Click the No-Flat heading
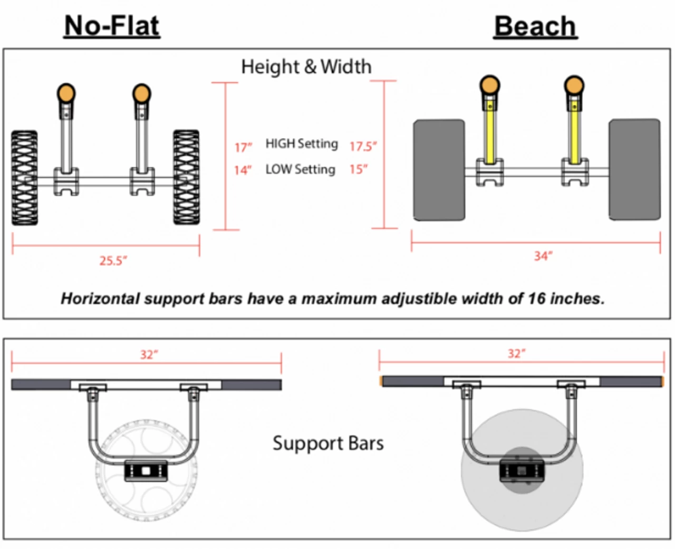click(112, 25)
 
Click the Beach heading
click(535, 26)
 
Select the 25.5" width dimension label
click(113, 261)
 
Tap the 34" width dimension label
click(543, 256)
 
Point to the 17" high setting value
click(243, 147)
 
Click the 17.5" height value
click(363, 146)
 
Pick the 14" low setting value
click(243, 170)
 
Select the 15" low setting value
click(358, 169)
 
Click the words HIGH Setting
click(302, 143)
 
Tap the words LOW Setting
click(300, 169)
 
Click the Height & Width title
click(306, 66)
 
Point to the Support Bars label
click(328, 443)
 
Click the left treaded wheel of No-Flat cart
click(25, 178)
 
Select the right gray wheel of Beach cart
click(634, 169)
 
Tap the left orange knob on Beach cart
click(490, 85)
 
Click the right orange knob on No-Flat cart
click(141, 93)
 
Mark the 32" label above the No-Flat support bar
click(149, 354)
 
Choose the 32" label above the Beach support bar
click(517, 353)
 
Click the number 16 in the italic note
click(536, 298)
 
